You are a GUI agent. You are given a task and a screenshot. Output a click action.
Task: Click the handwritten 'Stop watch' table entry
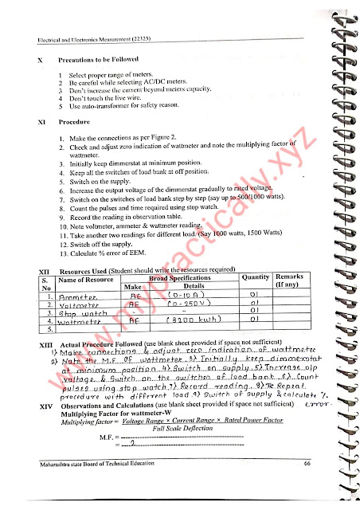point(82,314)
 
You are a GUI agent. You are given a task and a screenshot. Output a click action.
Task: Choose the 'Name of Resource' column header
point(87,279)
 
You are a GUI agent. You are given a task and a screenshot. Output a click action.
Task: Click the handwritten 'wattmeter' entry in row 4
point(84,323)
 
